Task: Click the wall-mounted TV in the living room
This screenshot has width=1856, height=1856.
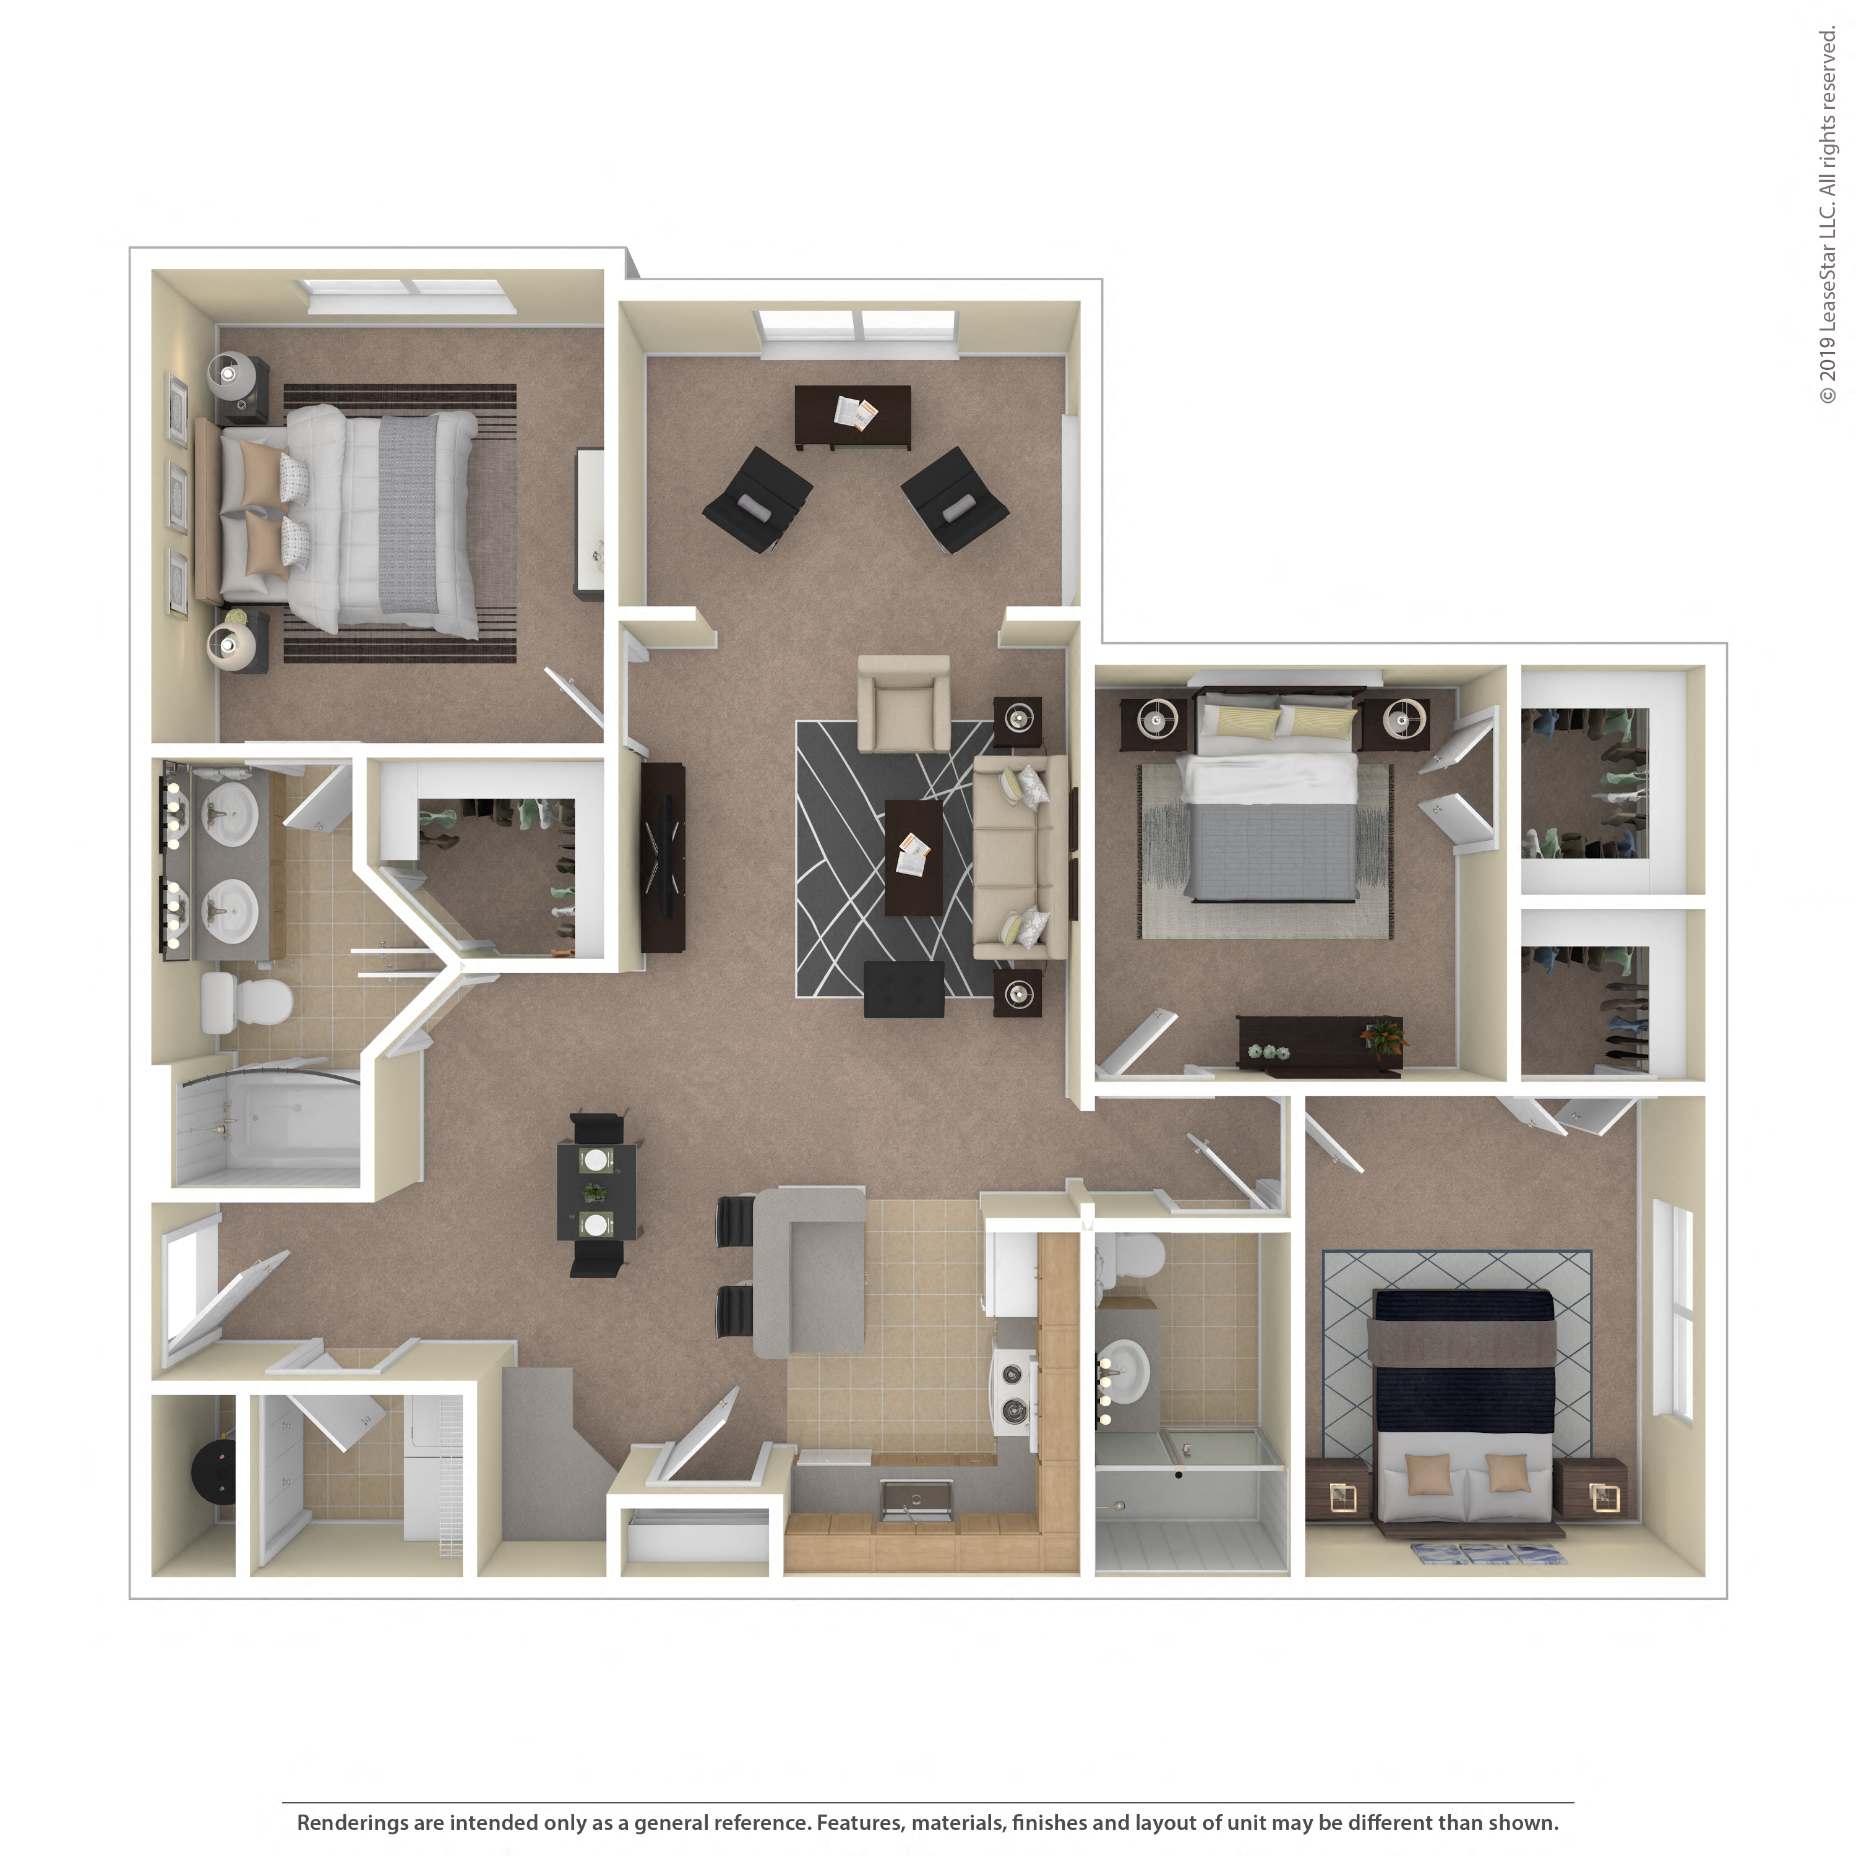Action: click(663, 857)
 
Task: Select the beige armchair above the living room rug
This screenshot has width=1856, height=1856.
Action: click(903, 704)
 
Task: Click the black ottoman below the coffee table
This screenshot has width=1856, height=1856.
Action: click(903, 989)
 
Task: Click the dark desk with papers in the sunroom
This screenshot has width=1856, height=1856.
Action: click(852, 416)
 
